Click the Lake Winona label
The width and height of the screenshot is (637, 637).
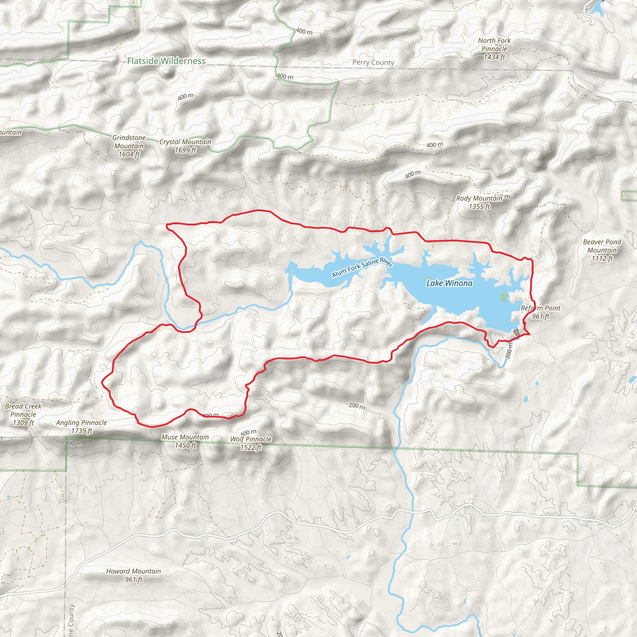click(449, 283)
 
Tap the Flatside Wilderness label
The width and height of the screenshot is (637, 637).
click(166, 61)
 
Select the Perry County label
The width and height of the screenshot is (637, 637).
click(373, 62)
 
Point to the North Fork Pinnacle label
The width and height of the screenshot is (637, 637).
click(494, 45)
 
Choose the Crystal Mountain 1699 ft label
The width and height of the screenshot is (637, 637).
click(185, 146)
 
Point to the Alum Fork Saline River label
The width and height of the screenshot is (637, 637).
click(362, 267)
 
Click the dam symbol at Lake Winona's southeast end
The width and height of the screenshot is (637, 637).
click(516, 333)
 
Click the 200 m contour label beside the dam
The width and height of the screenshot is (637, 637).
click(509, 351)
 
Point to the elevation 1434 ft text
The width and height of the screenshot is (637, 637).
click(494, 57)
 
